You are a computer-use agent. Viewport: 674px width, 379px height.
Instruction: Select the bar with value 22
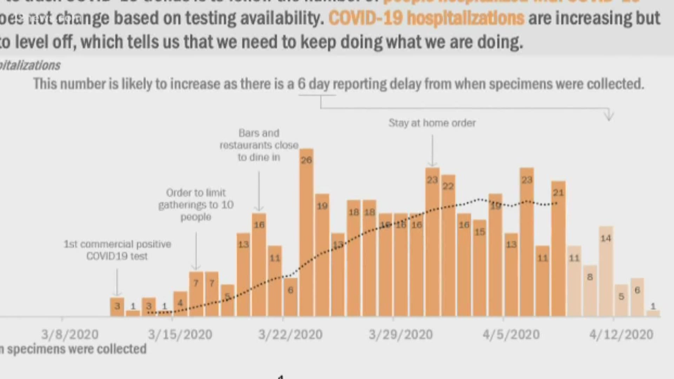(x=448, y=246)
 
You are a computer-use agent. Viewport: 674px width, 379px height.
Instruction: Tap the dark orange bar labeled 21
(x=558, y=249)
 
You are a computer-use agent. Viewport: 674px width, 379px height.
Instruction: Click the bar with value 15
(x=480, y=268)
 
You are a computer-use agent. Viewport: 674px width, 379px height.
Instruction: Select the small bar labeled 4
(x=180, y=304)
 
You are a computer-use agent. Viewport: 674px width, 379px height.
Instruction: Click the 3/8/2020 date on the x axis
(x=70, y=334)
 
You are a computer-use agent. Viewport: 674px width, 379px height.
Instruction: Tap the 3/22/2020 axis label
(x=290, y=334)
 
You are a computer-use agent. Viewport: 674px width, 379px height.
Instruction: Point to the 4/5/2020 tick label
(x=511, y=334)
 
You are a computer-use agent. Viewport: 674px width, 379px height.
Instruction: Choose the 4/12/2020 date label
(x=621, y=334)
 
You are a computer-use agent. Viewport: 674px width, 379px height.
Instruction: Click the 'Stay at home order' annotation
(x=432, y=123)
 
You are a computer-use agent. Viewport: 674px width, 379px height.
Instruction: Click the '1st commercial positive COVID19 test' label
(x=117, y=250)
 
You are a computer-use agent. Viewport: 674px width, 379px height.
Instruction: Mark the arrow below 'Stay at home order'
(x=432, y=151)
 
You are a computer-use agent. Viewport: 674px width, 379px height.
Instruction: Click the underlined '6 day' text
(x=313, y=84)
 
